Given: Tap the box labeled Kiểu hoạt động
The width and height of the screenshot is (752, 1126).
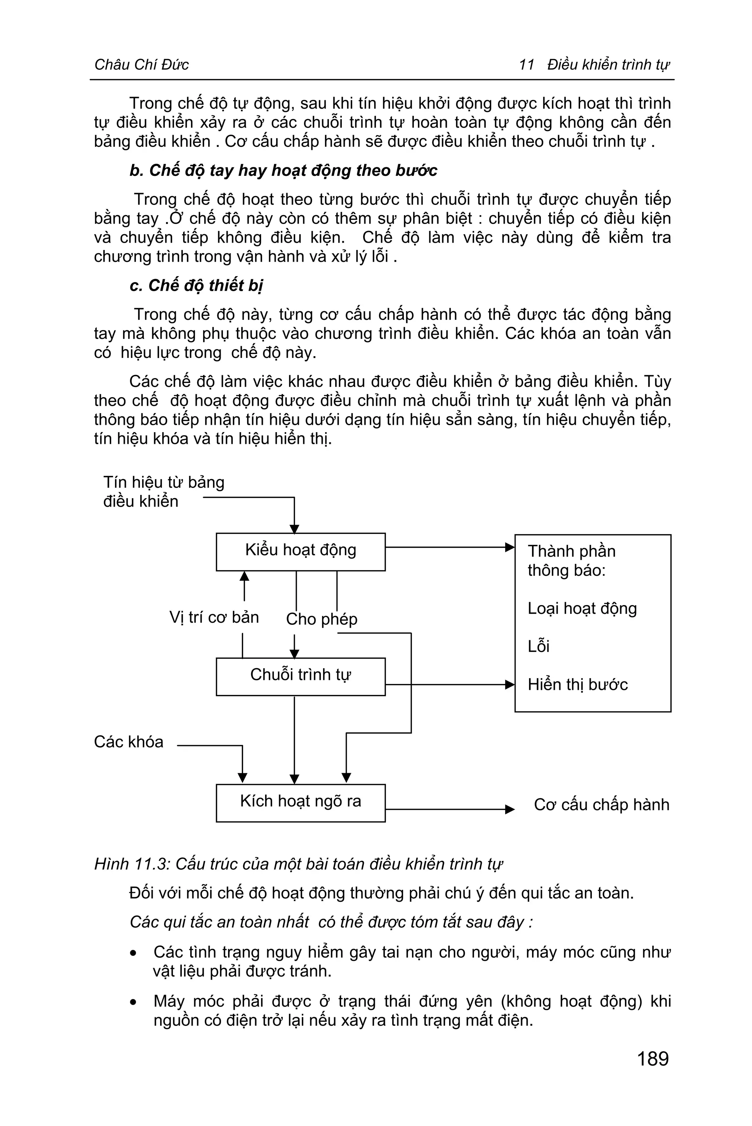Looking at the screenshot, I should [x=301, y=551].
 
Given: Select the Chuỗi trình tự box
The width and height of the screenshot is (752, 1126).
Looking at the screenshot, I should [x=301, y=676].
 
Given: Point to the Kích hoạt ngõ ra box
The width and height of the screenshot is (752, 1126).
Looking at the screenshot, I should [x=301, y=803].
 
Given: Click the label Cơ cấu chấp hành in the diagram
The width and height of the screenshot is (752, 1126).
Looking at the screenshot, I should [x=601, y=805].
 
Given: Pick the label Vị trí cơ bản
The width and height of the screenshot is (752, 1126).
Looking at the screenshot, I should [x=214, y=617].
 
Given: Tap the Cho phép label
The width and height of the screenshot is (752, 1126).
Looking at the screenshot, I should [x=321, y=619].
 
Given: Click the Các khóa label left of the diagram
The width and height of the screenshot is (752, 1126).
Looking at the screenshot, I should [x=129, y=742].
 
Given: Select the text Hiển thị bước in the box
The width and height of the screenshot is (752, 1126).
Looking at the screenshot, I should [x=578, y=684].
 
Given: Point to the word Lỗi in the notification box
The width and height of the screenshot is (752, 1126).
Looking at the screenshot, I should [x=538, y=647].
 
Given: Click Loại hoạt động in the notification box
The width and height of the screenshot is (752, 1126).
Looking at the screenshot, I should [x=582, y=609].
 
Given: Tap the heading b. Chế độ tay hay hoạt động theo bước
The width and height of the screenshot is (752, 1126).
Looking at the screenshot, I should [x=283, y=171].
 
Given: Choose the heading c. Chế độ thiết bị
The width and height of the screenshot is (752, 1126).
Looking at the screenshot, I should [x=196, y=285].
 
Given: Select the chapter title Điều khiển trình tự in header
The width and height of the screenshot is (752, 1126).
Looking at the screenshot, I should [x=608, y=64].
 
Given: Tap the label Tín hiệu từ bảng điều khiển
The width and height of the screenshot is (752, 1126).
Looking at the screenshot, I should [x=163, y=492].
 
